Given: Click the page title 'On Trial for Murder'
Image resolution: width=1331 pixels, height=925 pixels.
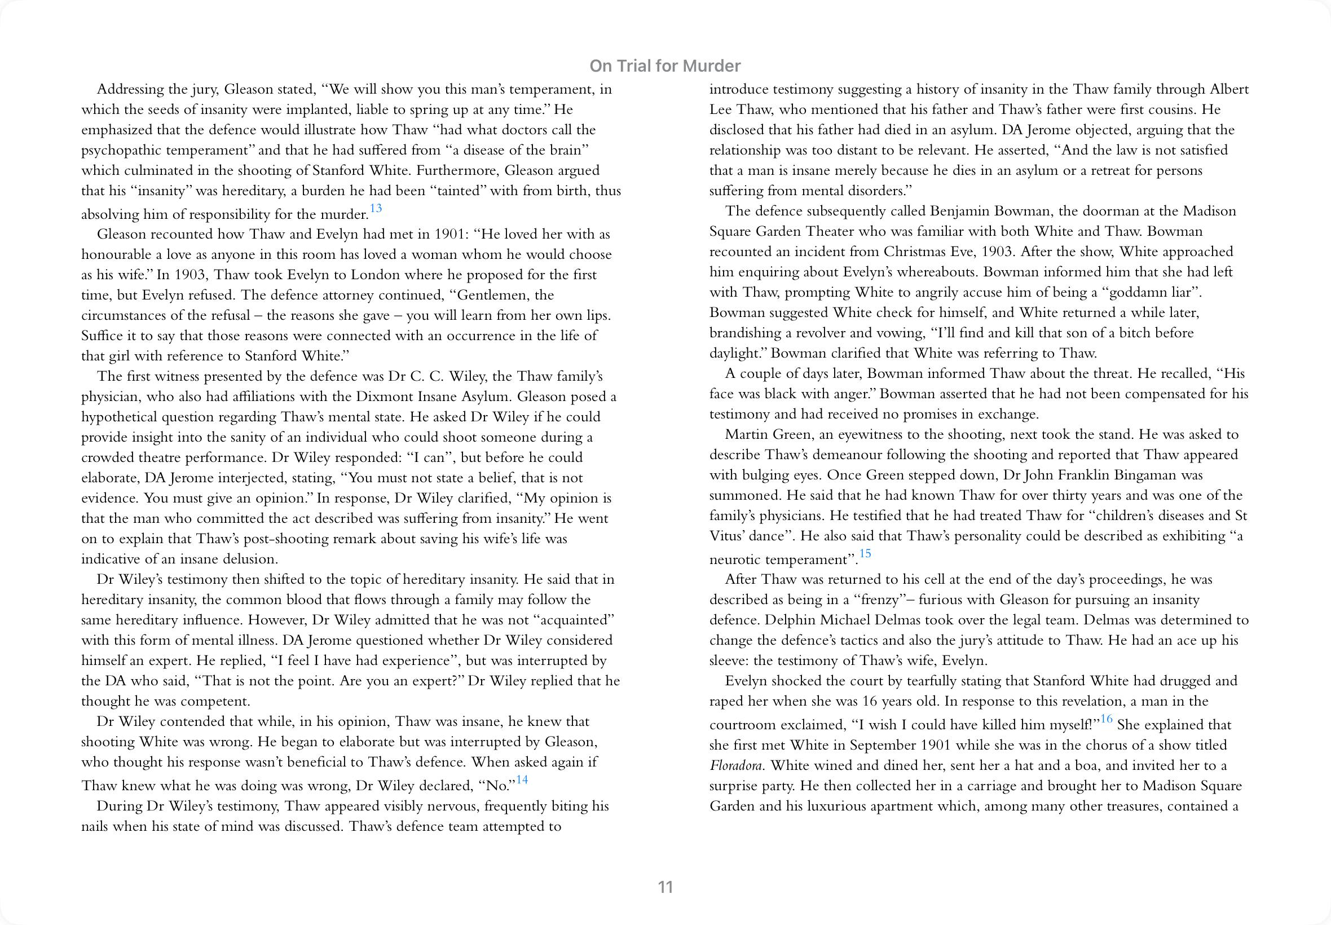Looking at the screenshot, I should click(x=664, y=66).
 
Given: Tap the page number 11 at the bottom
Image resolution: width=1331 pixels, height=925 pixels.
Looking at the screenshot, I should click(x=665, y=887).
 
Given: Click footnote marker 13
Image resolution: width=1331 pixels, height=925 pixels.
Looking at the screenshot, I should click(x=376, y=208).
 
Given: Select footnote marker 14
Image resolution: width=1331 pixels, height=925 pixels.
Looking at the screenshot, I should click(x=522, y=779).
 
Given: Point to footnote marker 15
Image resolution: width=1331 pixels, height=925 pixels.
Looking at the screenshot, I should click(x=865, y=553).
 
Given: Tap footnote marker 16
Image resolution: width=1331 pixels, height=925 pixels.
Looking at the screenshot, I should click(x=1106, y=719).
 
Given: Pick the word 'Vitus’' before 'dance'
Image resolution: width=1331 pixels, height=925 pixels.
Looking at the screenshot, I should click(x=726, y=536).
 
